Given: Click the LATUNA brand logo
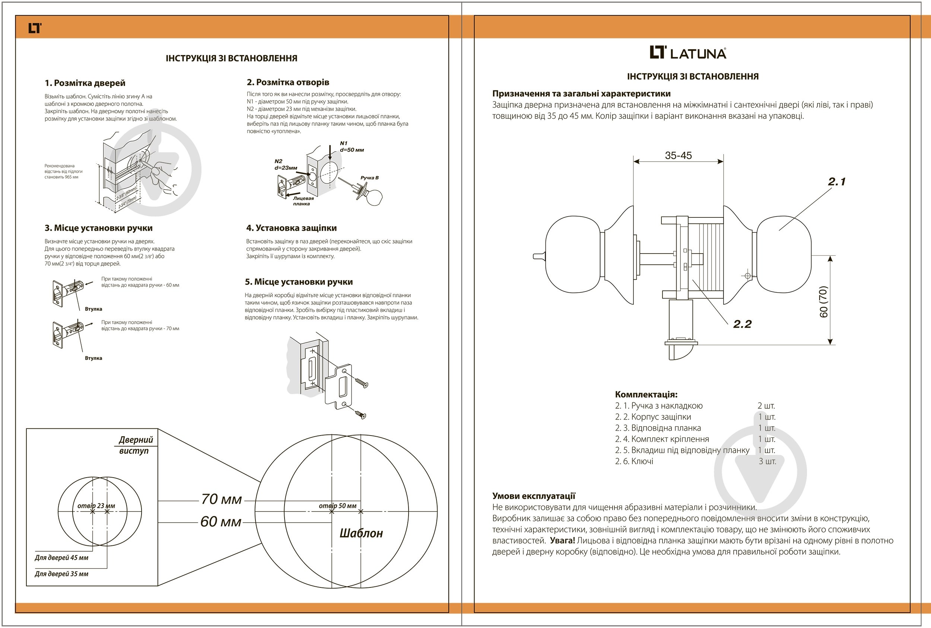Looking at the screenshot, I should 687,52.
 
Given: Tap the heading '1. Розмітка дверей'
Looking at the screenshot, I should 85,83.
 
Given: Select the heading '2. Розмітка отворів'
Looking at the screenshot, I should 287,82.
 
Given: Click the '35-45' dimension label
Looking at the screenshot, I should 678,155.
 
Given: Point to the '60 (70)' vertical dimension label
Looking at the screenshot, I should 823,302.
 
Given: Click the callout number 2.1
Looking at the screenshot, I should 836,181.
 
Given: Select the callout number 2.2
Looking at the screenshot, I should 742,324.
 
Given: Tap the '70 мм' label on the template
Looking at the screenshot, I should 221,499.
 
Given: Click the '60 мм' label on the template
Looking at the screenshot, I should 221,522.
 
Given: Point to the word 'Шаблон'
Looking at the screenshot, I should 361,533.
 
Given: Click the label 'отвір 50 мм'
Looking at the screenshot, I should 337,506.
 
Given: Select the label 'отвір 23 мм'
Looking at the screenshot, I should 96,506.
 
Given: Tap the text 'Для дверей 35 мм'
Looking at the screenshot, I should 61,574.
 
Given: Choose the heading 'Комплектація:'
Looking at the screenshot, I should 646,395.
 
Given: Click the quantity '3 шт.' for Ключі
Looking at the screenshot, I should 767,461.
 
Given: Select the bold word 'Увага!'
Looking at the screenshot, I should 562,541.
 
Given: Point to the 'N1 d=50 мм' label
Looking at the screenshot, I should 351,147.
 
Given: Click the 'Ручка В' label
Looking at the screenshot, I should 369,178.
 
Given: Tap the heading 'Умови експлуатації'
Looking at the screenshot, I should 534,496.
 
